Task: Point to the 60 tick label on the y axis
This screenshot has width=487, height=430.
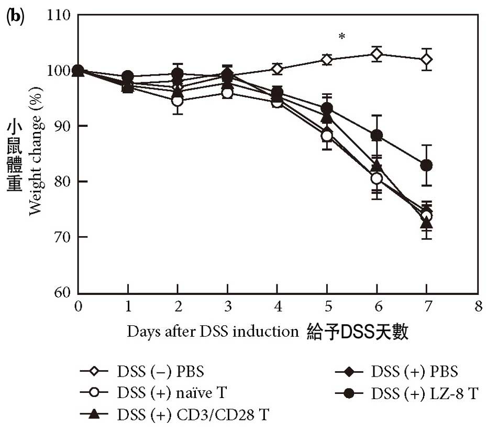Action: pyautogui.click(x=62, y=293)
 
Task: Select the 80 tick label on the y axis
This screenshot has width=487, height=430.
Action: pyautogui.click(x=62, y=182)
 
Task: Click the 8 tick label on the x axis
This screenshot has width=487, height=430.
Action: pyautogui.click(x=476, y=306)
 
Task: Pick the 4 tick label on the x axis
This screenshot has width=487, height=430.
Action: pyautogui.click(x=278, y=306)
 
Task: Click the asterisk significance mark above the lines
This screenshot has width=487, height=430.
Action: pyautogui.click(x=341, y=37)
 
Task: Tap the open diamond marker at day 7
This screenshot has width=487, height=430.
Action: pyautogui.click(x=426, y=59)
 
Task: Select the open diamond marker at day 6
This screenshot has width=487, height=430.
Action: pyautogui.click(x=377, y=53)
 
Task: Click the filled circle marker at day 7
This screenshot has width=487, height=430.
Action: pyautogui.click(x=426, y=166)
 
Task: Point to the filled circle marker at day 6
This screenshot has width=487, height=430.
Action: pyautogui.click(x=377, y=136)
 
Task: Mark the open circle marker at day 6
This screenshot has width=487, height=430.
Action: pyautogui.click(x=377, y=179)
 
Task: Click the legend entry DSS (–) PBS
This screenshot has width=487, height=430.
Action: pyautogui.click(x=141, y=372)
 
